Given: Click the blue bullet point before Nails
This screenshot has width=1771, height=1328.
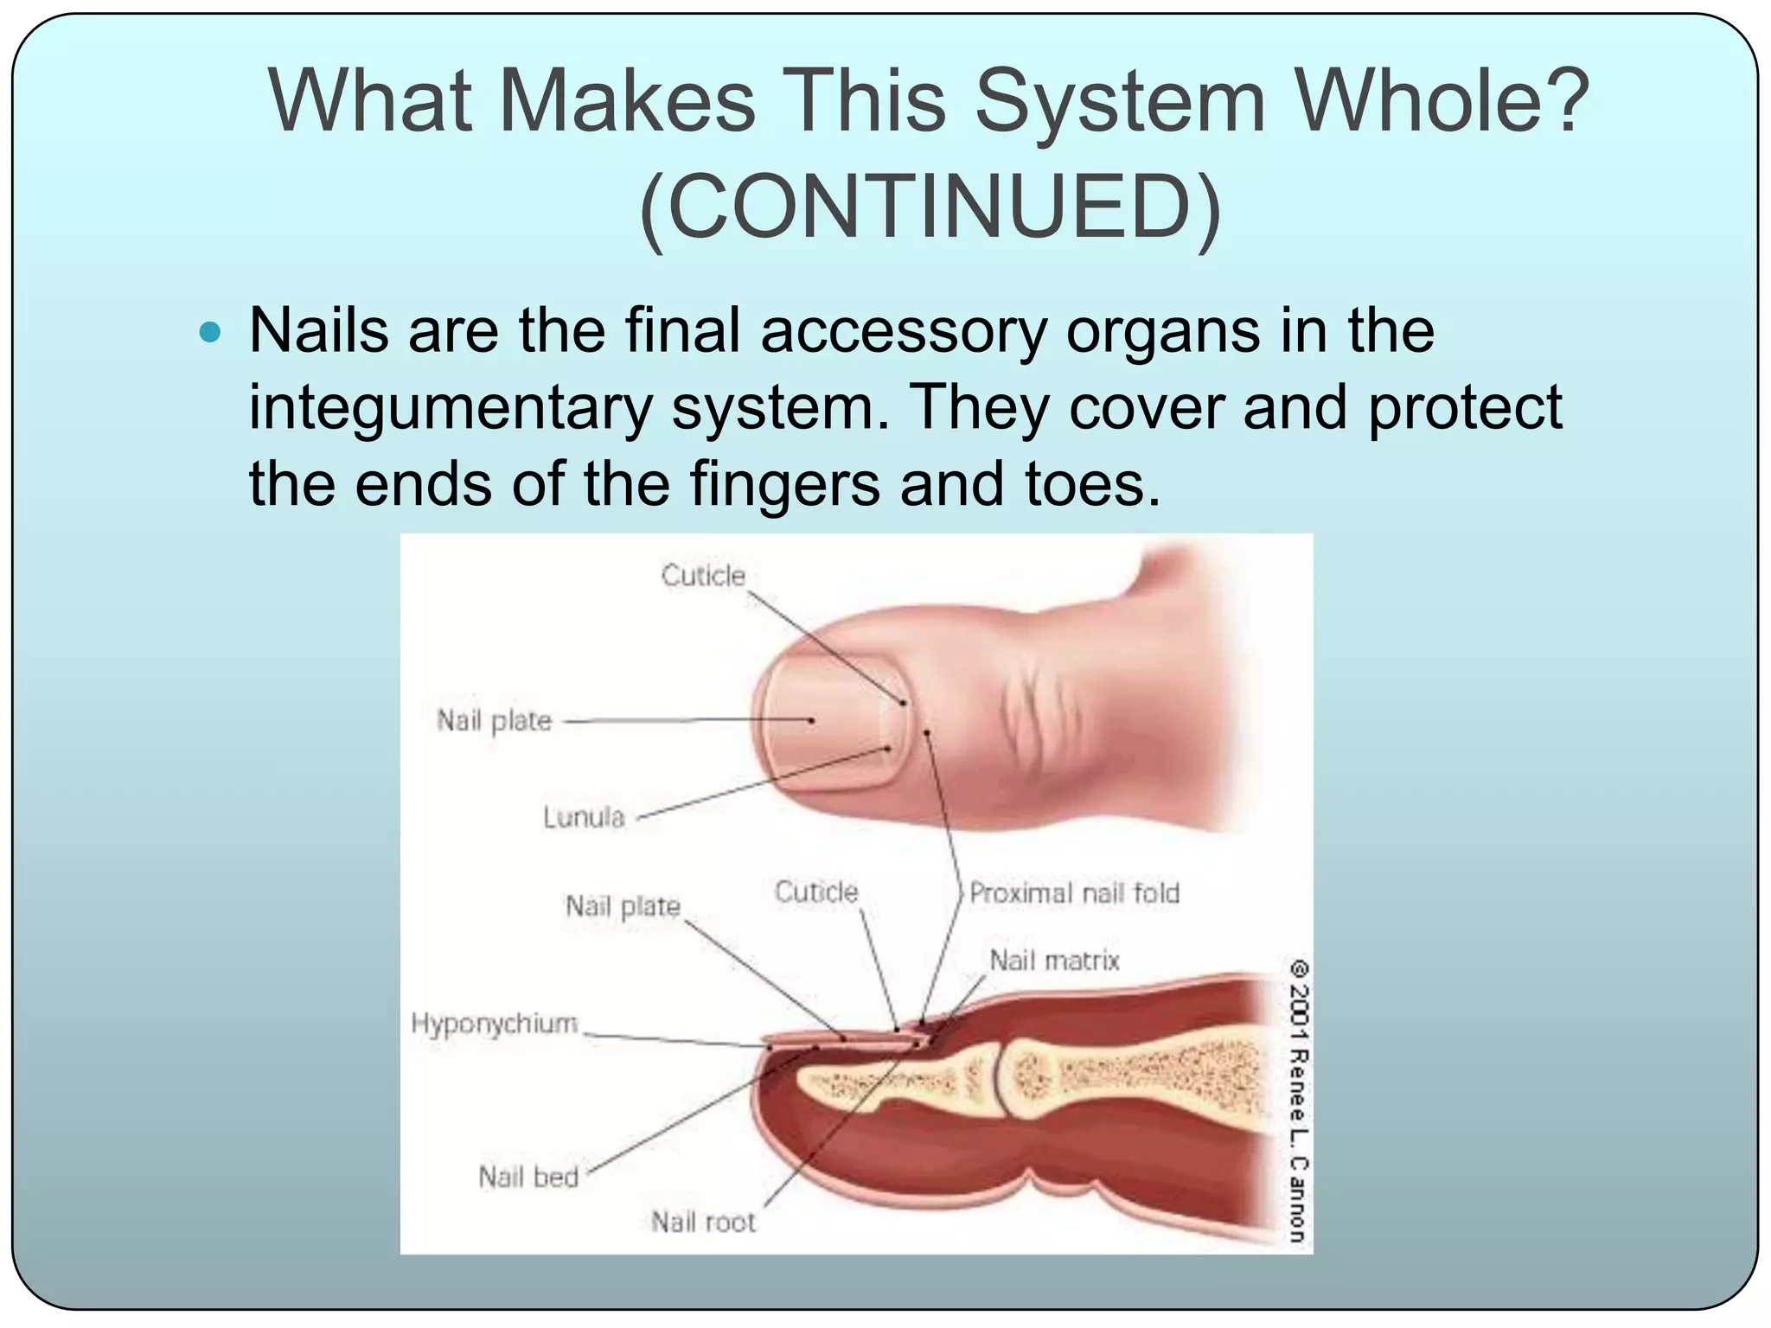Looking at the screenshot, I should pyautogui.click(x=209, y=331).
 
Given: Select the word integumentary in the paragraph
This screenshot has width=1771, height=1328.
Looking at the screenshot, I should pyautogui.click(x=450, y=407).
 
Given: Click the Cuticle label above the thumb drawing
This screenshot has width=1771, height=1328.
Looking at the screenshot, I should pyautogui.click(x=703, y=576).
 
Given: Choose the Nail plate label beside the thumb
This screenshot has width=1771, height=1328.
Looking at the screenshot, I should pyautogui.click(x=494, y=720).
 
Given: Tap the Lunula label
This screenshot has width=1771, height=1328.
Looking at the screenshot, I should pyautogui.click(x=584, y=817).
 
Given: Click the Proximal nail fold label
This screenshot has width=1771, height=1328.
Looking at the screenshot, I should pyautogui.click(x=1074, y=893).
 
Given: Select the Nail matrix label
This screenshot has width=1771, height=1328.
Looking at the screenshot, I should pyautogui.click(x=1054, y=961).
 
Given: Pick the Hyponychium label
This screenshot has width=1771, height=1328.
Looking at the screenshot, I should pyautogui.click(x=494, y=1024).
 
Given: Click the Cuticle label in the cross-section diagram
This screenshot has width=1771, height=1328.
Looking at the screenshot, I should pyautogui.click(x=816, y=892).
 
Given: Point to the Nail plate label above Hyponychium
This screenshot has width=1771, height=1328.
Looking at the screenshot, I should pyautogui.click(x=623, y=906).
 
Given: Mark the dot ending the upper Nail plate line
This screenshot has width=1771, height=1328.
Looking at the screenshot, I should pyautogui.click(x=811, y=720).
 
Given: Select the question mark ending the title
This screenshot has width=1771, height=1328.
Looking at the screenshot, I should pyautogui.click(x=1565, y=101).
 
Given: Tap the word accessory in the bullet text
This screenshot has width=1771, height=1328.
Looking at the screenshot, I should pyautogui.click(x=904, y=331).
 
